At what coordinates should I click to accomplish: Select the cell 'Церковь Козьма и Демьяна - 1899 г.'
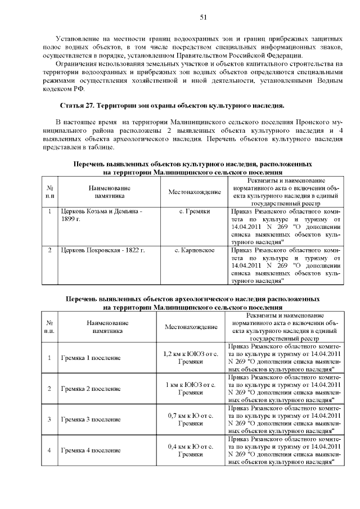click(101, 214)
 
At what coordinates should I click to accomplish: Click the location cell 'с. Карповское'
click(194, 249)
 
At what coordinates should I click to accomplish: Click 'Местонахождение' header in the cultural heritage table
click(194, 192)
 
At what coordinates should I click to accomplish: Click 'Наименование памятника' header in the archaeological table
click(107, 327)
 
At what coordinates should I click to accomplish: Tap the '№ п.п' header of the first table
click(49, 192)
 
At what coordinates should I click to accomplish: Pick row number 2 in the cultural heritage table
click(49, 249)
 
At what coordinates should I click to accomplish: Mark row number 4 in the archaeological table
click(49, 451)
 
